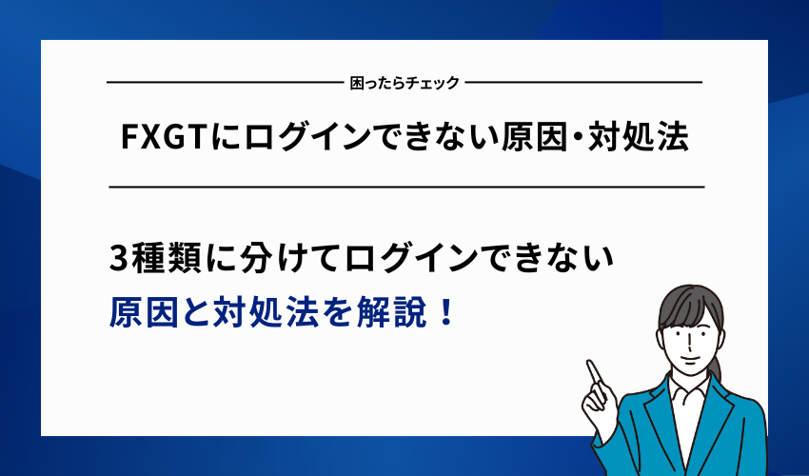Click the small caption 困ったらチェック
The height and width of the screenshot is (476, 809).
(x=404, y=83)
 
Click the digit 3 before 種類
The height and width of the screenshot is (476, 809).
(x=119, y=258)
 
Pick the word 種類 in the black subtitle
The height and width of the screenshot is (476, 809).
(x=163, y=258)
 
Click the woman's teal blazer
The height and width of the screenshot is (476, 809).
(x=733, y=428)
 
